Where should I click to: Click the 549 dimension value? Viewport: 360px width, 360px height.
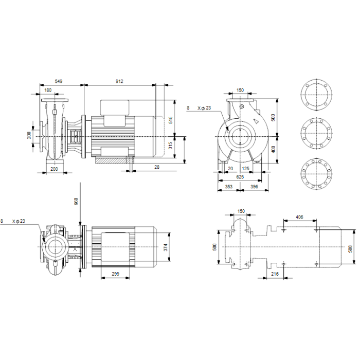pyautogui.click(x=59, y=81)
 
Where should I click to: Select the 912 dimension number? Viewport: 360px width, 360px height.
pyautogui.click(x=119, y=81)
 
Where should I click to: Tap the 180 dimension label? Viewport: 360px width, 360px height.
pyautogui.click(x=48, y=90)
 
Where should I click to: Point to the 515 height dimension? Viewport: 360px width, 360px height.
pyautogui.click(x=171, y=120)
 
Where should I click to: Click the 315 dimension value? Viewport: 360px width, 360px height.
pyautogui.click(x=171, y=146)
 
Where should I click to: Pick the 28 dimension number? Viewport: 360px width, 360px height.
pyautogui.click(x=157, y=167)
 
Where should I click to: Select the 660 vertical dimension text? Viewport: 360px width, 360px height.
pyautogui.click(x=76, y=202)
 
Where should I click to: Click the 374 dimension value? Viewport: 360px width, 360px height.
pyautogui.click(x=166, y=247)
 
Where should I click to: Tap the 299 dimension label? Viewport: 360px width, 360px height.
pyautogui.click(x=116, y=274)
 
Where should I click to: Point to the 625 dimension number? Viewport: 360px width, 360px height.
pyautogui.click(x=240, y=177)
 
